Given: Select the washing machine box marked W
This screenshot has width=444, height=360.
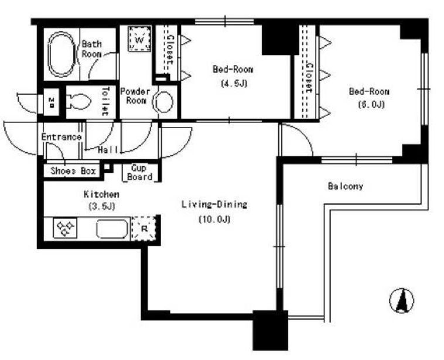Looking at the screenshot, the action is [139, 39].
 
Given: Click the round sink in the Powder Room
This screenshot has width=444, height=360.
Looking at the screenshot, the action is [163, 102].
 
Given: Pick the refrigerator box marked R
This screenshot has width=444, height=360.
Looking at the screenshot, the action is [144, 229].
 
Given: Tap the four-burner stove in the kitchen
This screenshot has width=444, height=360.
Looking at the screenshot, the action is [65, 228].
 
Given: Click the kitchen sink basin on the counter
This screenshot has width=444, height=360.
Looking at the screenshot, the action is [112, 229].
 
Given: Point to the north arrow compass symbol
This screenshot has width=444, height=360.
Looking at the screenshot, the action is [401, 300].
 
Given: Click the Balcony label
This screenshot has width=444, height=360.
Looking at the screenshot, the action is [345, 186].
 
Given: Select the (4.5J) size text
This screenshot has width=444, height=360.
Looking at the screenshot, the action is [234, 84].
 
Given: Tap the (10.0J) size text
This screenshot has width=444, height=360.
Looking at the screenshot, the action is [214, 220].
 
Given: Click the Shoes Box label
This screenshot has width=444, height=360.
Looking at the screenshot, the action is [73, 171].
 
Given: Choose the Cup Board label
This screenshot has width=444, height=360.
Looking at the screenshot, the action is [139, 173].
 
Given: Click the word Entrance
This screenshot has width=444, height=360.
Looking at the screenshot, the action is [62, 137].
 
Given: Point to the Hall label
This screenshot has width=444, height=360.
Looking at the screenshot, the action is [108, 150].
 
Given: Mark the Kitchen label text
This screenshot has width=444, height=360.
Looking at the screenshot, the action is [101, 194].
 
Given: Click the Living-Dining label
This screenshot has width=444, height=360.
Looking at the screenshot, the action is [214, 204].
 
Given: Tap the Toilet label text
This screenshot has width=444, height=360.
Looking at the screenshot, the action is [105, 101].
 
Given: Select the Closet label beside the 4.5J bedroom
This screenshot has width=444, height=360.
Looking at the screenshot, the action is [170, 50].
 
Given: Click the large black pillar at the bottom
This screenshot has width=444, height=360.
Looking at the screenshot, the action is [271, 330].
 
